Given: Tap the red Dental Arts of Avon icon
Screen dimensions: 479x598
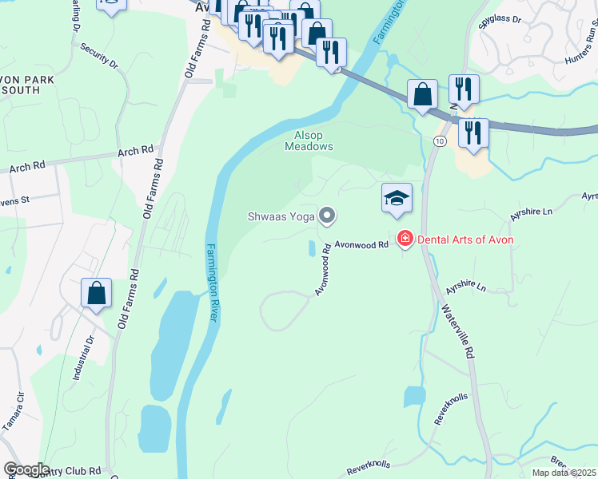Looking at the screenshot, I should point(405,239).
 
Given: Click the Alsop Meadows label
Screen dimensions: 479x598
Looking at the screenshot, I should point(309,141).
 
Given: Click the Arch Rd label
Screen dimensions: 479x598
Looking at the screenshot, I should point(135,151).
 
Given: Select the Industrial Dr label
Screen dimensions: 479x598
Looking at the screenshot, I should point(86,355).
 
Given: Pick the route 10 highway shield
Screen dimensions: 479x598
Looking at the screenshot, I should point(440,141).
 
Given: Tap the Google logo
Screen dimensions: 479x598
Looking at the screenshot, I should point(26,469).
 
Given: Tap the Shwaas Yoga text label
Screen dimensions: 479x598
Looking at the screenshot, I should point(280,216).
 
